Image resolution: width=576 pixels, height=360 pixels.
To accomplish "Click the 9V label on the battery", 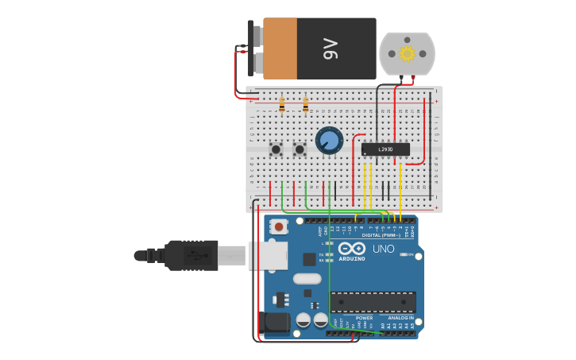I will (x=331, y=49).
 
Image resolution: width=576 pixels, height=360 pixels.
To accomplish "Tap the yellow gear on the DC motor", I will (x=408, y=54).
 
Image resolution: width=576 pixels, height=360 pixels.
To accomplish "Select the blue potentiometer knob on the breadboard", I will (x=329, y=141).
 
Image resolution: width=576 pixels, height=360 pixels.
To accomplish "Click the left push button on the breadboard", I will (x=276, y=149).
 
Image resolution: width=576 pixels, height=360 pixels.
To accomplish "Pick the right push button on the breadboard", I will (x=300, y=149).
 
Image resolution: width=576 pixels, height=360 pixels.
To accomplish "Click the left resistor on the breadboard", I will (x=282, y=104).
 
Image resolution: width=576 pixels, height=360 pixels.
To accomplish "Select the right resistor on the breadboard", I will (x=306, y=104).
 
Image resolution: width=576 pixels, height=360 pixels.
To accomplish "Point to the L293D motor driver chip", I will (x=385, y=149).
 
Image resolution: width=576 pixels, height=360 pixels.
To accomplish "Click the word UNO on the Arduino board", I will (x=383, y=249).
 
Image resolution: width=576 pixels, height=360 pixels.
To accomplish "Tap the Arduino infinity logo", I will (x=351, y=249).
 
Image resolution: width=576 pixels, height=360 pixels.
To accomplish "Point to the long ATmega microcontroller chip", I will (x=373, y=302).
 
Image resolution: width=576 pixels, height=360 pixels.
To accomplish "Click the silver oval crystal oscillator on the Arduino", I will (x=307, y=278).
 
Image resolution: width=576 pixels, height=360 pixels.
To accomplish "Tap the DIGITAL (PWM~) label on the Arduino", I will (x=381, y=235).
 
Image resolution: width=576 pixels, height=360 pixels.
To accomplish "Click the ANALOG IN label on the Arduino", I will (x=395, y=318).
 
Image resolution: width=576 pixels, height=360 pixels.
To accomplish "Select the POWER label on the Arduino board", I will (x=364, y=318).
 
